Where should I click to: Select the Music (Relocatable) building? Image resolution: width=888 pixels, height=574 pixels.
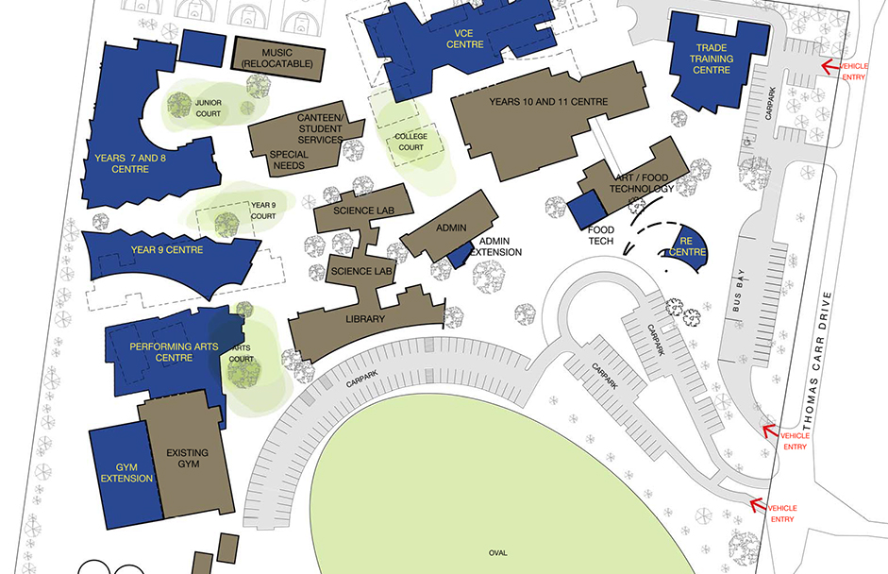click(x=278, y=57)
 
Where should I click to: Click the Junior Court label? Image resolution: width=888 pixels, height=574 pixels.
click(x=208, y=108)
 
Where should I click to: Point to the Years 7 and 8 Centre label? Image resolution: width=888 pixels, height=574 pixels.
click(x=130, y=163)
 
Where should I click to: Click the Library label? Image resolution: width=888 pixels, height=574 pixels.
click(x=364, y=319)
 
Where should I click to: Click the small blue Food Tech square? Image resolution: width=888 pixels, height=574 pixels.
click(x=586, y=209)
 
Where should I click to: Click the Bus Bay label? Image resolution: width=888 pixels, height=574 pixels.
click(x=740, y=299)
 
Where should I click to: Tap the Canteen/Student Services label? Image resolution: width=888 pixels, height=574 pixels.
click(x=320, y=128)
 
